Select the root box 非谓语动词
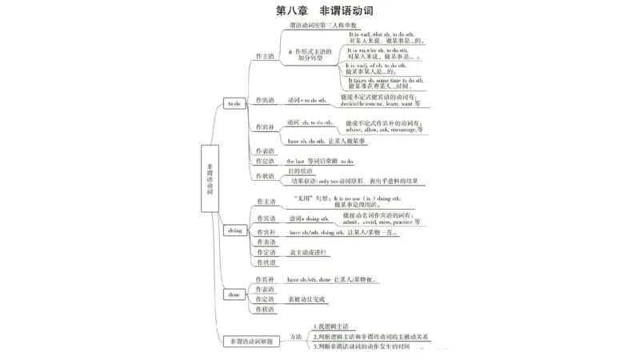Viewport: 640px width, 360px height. [x=210, y=178]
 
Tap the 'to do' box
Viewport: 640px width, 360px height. [x=234, y=104]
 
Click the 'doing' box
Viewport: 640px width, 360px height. [x=234, y=230]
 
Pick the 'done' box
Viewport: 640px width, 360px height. [x=234, y=294]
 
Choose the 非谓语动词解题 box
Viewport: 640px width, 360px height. [x=247, y=341]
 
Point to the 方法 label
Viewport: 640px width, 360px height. [x=296, y=336]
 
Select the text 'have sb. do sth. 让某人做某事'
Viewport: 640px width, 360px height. [x=326, y=141]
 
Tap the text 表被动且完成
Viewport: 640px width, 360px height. [x=309, y=299]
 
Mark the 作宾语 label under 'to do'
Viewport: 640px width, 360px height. [x=265, y=100]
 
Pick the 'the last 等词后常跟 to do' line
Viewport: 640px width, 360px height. [x=319, y=161]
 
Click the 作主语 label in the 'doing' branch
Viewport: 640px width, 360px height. [x=265, y=201]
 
